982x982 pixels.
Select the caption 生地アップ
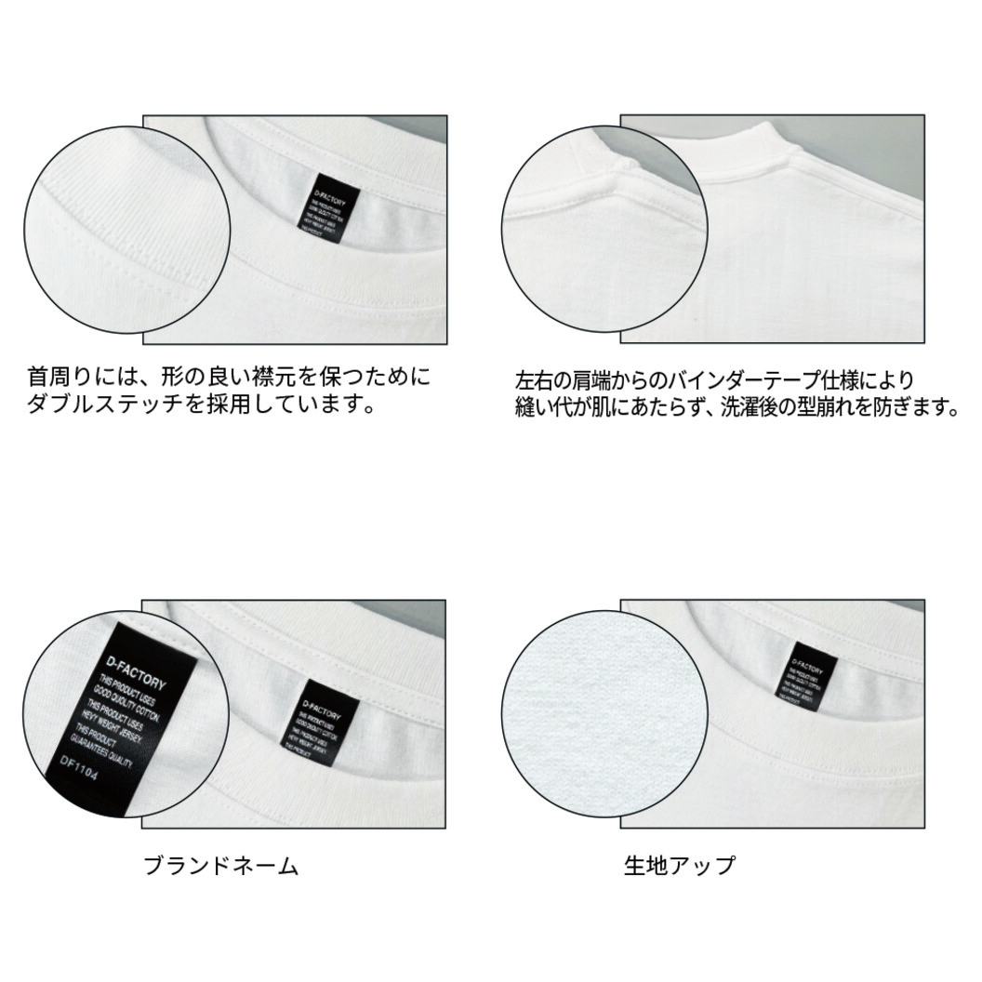click(679, 865)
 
